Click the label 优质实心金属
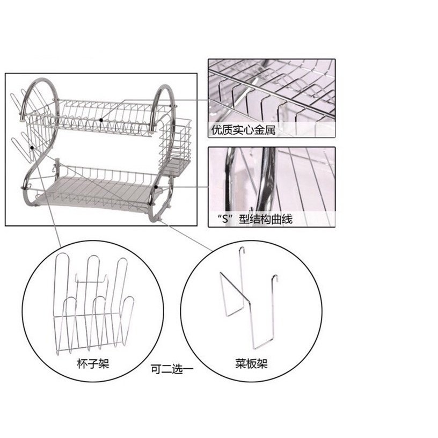click(243, 130)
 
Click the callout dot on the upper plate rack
click(101, 119)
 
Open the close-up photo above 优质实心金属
click(272, 91)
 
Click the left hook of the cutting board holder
click(242, 250)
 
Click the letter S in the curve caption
click(221, 220)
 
